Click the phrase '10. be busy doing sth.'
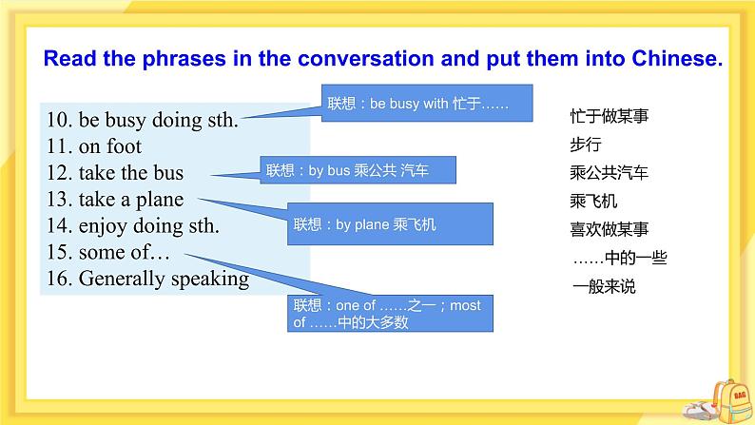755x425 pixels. click(x=142, y=120)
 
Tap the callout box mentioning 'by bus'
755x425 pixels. click(x=358, y=171)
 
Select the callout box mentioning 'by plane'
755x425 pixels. click(x=389, y=224)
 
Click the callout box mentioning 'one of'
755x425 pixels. click(x=389, y=313)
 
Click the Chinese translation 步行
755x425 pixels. click(x=585, y=145)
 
